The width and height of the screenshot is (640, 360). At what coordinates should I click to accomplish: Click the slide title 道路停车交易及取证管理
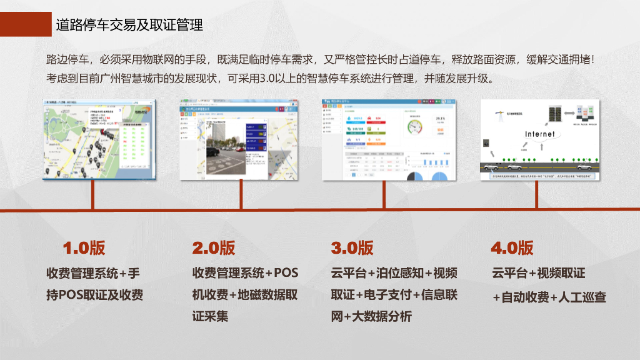pyautogui.click(x=129, y=25)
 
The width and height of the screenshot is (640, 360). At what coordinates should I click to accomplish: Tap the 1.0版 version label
pyautogui.click(x=84, y=247)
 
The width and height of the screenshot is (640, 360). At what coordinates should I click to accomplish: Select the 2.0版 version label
pyautogui.click(x=214, y=247)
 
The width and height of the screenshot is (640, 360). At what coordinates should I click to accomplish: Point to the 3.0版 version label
pyautogui.click(x=352, y=247)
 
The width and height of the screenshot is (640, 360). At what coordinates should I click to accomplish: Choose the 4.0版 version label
pyautogui.click(x=512, y=247)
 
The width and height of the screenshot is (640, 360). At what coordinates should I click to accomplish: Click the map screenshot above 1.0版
pyautogui.click(x=97, y=139)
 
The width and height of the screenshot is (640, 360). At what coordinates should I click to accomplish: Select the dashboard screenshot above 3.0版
pyautogui.click(x=389, y=139)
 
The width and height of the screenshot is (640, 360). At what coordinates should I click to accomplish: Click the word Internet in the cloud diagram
pyautogui.click(x=539, y=134)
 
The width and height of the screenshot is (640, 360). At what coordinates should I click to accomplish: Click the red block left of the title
pyautogui.click(x=26, y=24)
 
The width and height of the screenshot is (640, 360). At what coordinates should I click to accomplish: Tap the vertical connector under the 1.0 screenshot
pyautogui.click(x=92, y=194)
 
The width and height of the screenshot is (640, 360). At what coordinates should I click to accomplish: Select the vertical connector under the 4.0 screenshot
pyautogui.click(x=536, y=194)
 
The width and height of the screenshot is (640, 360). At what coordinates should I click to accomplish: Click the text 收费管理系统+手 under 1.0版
pyautogui.click(x=93, y=273)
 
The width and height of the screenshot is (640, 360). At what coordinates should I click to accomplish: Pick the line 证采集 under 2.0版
pyautogui.click(x=210, y=316)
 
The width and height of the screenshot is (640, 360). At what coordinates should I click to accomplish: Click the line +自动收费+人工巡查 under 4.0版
pyautogui.click(x=549, y=297)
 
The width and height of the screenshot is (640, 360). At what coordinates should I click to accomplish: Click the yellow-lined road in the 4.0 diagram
pyautogui.click(x=539, y=167)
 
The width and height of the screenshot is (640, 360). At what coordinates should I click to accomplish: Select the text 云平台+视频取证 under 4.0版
pyautogui.click(x=539, y=273)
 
